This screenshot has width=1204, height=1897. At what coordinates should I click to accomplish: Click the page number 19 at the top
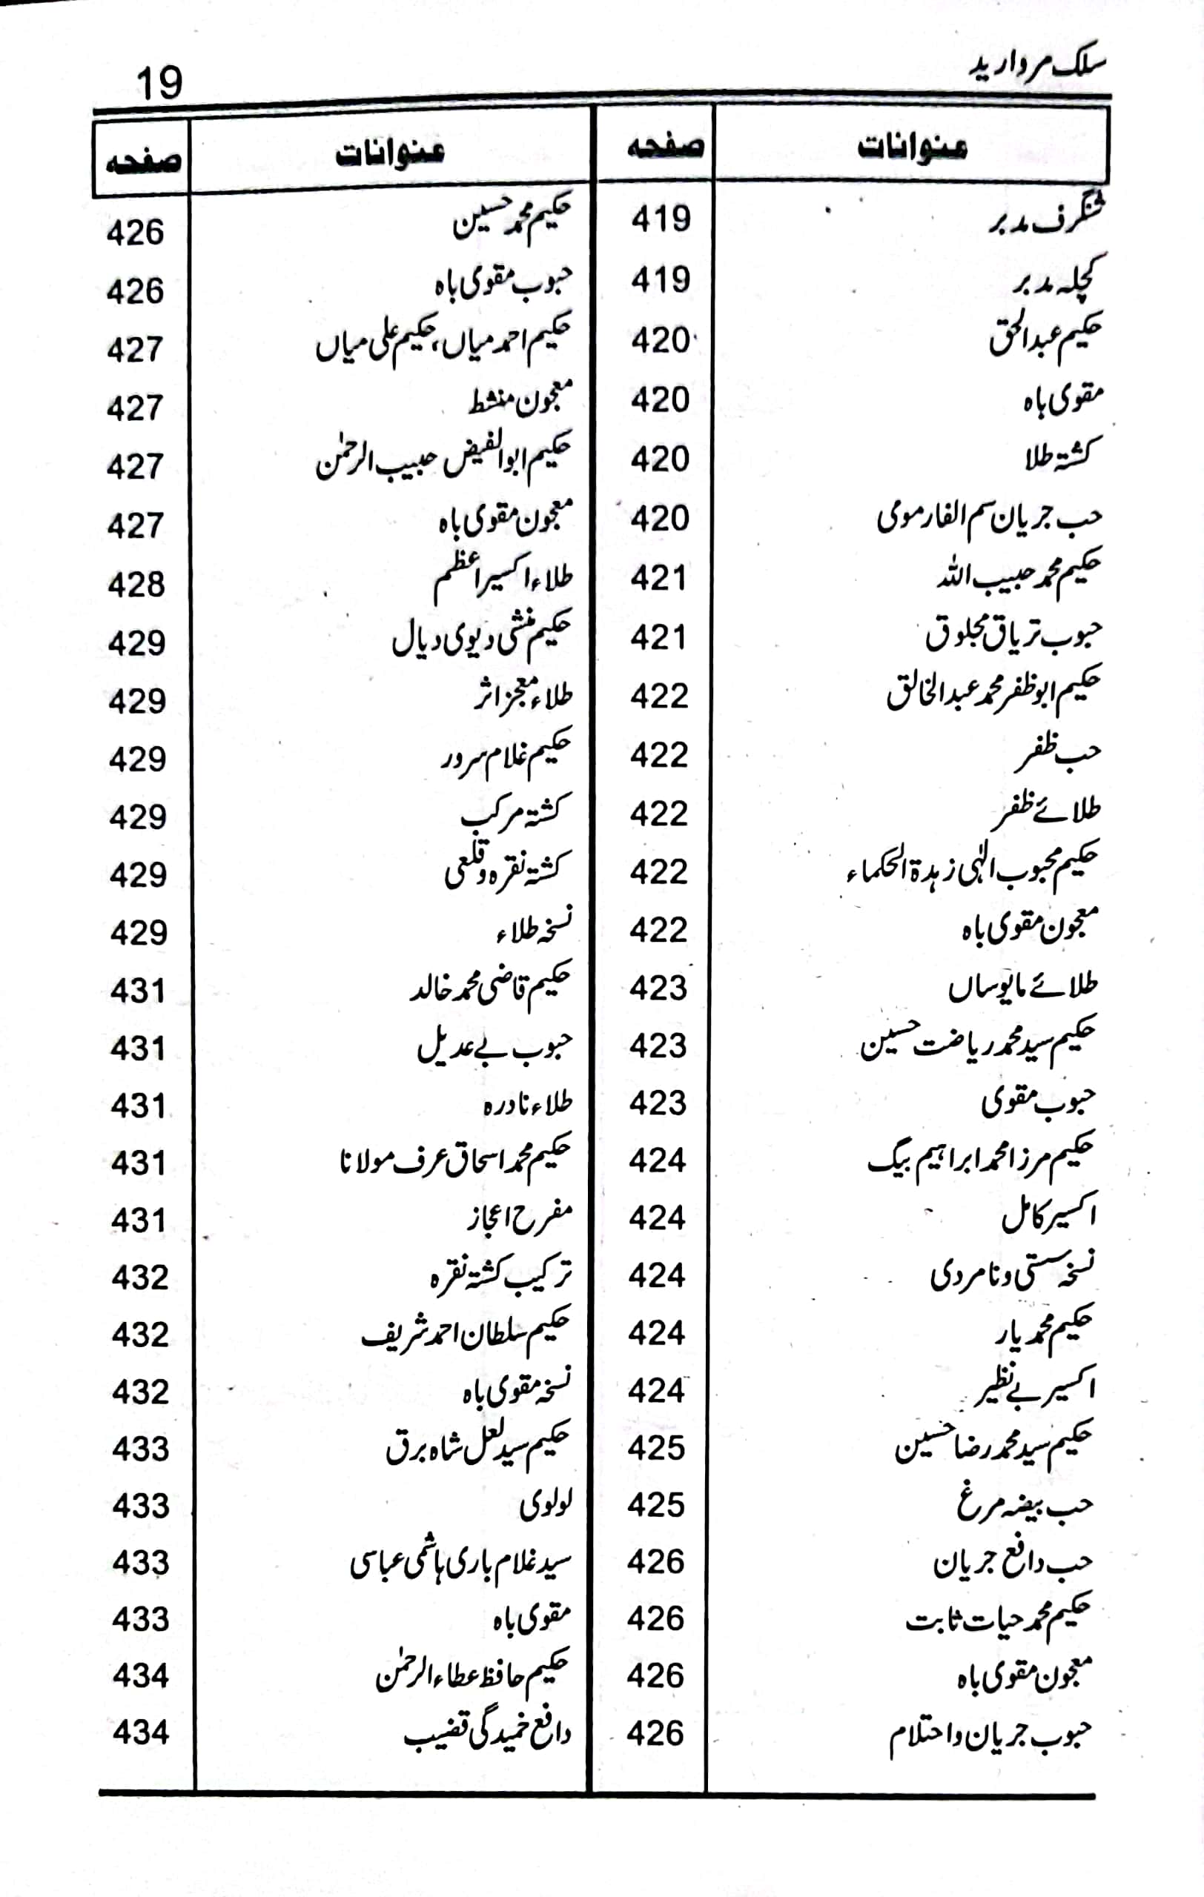[159, 83]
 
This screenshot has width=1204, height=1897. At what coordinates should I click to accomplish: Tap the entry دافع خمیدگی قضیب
[487, 1734]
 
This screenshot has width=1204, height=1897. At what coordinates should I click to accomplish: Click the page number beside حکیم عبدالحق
[661, 340]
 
